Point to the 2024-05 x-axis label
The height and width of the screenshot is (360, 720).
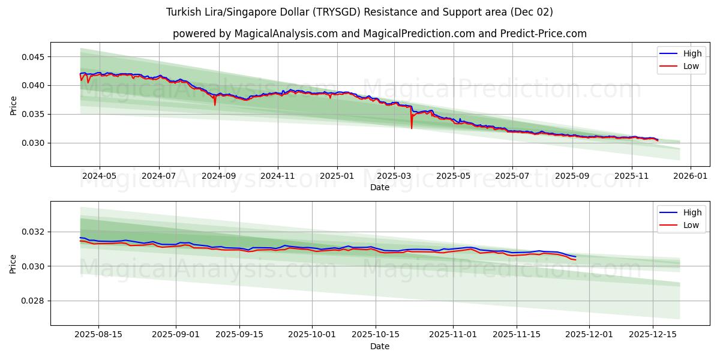click(99, 176)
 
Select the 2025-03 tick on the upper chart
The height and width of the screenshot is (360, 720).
click(394, 176)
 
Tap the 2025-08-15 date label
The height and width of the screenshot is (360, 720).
click(98, 335)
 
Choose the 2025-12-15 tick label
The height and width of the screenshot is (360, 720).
click(652, 335)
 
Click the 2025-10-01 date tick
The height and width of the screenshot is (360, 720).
click(312, 335)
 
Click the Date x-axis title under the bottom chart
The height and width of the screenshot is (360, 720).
click(379, 346)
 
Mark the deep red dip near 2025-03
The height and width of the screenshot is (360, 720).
click(412, 127)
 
